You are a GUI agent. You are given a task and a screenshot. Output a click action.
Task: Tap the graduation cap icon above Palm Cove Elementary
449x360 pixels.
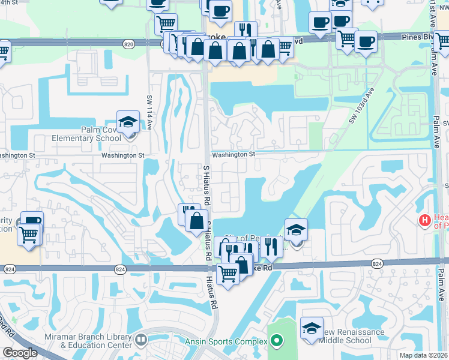coord(128,122)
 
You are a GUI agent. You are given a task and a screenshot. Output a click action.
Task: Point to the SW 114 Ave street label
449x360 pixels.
coord(150,109)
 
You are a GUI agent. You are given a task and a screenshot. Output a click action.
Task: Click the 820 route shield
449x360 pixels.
coord(128,44)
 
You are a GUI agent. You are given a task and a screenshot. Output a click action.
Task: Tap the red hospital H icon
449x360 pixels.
coord(425,221)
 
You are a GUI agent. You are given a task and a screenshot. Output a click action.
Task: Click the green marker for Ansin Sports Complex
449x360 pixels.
coord(276,342)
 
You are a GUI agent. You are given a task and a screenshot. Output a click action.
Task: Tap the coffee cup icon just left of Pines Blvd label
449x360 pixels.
coord(366,43)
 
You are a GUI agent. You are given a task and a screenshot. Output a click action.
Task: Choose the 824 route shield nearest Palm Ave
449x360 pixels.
coord(377,263)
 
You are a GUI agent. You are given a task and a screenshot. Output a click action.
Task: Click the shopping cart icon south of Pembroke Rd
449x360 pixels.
coord(228,274)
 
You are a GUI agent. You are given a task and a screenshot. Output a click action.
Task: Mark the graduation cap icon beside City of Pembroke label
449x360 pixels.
coord(295,230)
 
